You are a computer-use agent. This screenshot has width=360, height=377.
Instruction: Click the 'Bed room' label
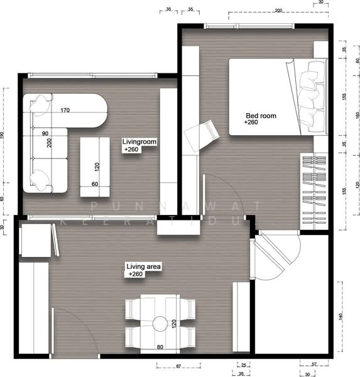[261, 116]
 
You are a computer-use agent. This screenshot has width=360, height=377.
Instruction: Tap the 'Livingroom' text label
[139, 143]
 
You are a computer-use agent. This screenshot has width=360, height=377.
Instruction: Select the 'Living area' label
[144, 267]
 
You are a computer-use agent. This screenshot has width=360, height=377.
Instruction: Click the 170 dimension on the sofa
[65, 111]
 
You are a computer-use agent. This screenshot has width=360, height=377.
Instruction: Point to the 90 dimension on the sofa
[46, 134]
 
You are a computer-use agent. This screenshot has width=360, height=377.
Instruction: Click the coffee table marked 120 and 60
[96, 167]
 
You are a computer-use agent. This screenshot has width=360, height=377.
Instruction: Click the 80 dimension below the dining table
[160, 346]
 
